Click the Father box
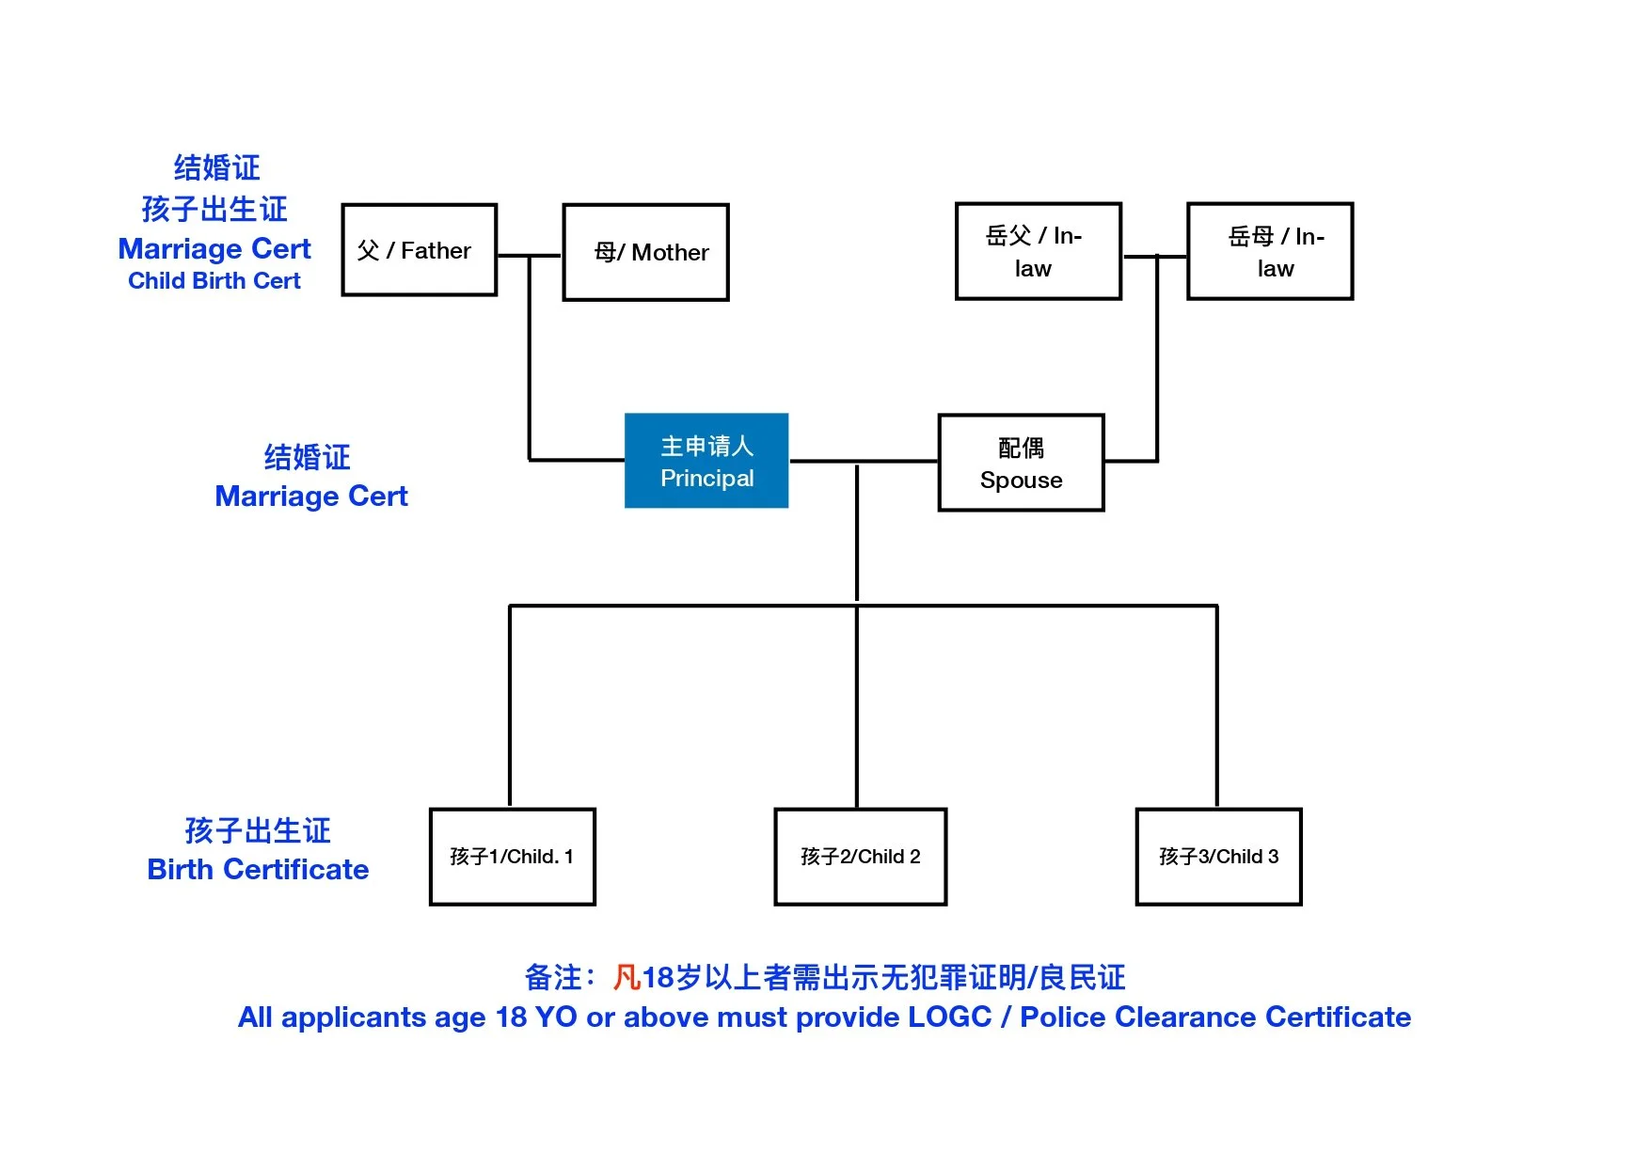coord(419,250)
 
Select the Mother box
coord(645,252)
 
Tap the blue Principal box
coord(706,461)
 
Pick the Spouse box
coord(1021,463)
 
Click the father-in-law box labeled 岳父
coord(1038,251)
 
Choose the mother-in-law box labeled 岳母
coord(1270,251)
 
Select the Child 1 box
coord(512,856)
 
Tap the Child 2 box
coord(860,856)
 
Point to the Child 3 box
coord(1218,856)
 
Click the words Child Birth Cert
coord(214,281)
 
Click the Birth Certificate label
coord(258,870)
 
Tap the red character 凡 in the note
coord(627,978)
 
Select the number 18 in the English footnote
coord(511,1017)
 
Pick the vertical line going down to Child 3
coord(1216,705)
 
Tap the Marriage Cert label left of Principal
coord(311,497)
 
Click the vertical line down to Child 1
coord(510,705)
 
